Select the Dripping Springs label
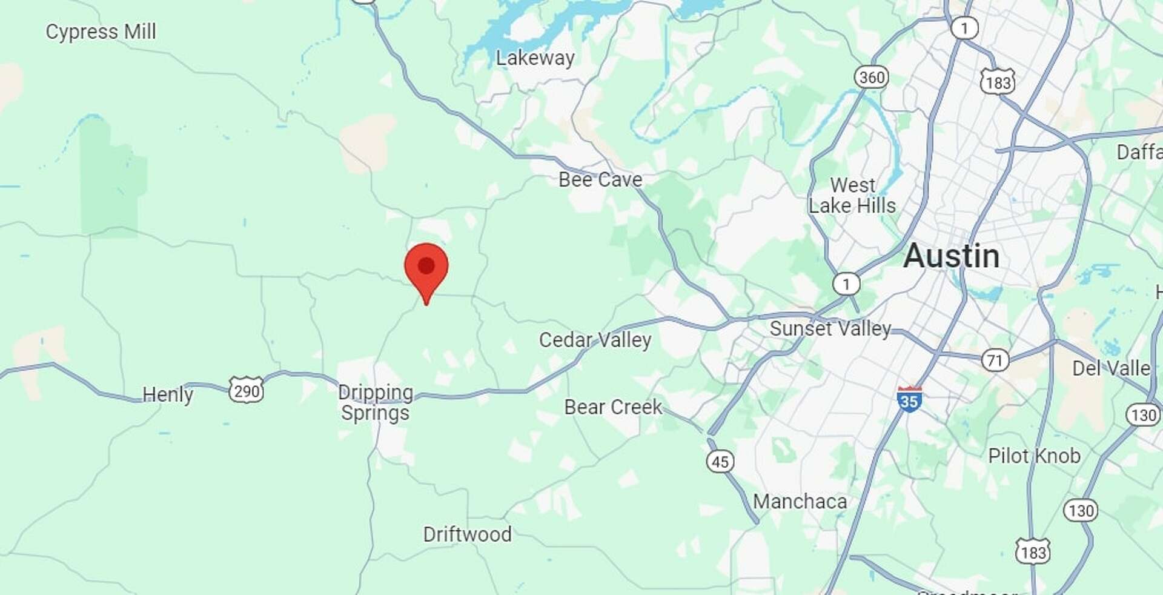pyautogui.click(x=376, y=403)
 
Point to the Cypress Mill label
pyautogui.click(x=101, y=32)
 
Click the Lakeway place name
pyautogui.click(x=535, y=58)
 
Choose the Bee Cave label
pyautogui.click(x=600, y=179)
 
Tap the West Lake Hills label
pyautogui.click(x=852, y=195)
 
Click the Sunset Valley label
pyautogui.click(x=830, y=328)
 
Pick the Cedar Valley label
pyautogui.click(x=595, y=340)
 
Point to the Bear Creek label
pyautogui.click(x=613, y=407)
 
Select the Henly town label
pyautogui.click(x=168, y=394)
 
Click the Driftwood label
pyautogui.click(x=467, y=534)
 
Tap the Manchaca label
pyautogui.click(x=800, y=502)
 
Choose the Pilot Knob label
pyautogui.click(x=1034, y=456)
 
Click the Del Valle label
pyautogui.click(x=1111, y=368)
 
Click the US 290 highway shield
pyautogui.click(x=246, y=390)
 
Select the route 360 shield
pyautogui.click(x=871, y=77)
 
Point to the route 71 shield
pyautogui.click(x=995, y=361)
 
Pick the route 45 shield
pyautogui.click(x=720, y=462)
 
